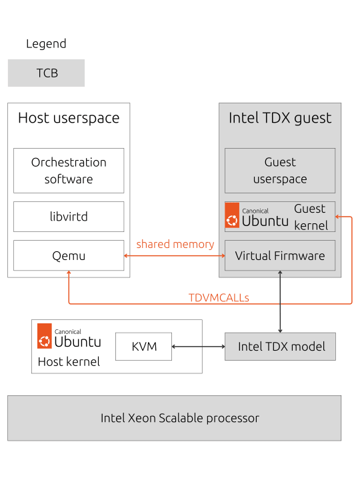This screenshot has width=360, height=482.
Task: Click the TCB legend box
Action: point(46,73)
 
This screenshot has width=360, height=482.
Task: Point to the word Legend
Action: point(46,44)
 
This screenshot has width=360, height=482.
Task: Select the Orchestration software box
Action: point(69,171)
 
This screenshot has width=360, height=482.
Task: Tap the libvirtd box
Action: point(69,217)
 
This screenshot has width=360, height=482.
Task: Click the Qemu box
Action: point(69,255)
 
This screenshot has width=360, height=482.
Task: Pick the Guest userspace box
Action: point(280,171)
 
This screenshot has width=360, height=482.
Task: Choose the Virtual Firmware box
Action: point(280,255)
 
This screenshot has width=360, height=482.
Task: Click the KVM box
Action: point(143,347)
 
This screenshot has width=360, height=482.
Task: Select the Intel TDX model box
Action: point(280,347)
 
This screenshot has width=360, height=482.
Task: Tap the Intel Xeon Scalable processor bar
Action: point(174,418)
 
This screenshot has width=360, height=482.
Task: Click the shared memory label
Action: point(175,244)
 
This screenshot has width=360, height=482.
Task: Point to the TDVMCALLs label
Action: point(219,297)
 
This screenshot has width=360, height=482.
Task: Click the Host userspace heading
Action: point(69,118)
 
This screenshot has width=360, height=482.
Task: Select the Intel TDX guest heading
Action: point(280,118)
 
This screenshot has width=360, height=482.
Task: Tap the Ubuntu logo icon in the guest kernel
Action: point(232,215)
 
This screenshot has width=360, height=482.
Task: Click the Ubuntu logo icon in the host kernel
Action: point(44,336)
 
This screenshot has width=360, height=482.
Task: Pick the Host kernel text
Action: point(69,362)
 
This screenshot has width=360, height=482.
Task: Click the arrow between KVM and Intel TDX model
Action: point(198,347)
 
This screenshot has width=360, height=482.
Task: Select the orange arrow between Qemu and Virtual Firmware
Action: point(174,255)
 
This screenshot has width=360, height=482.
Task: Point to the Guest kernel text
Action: point(311,217)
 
